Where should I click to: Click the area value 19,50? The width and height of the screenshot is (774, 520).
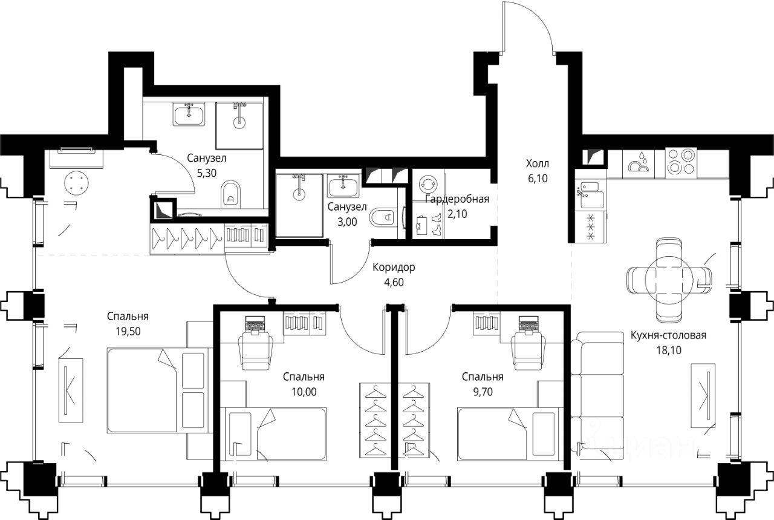click(128, 332)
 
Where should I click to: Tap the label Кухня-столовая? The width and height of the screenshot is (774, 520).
click(669, 335)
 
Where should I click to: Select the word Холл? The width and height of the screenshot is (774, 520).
click(538, 163)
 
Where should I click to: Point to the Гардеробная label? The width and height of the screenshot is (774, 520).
click(457, 199)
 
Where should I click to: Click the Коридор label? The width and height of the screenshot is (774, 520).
click(394, 267)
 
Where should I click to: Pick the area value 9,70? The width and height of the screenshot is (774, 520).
click(483, 392)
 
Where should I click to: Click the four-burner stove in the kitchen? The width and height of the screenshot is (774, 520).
click(681, 161)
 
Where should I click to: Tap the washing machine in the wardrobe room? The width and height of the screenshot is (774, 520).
click(428, 185)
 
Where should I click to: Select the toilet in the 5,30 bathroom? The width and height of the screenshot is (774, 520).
click(230, 194)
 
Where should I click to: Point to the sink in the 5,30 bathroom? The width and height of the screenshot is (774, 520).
click(189, 114)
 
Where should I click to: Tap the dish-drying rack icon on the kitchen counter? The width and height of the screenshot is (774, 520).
click(639, 163)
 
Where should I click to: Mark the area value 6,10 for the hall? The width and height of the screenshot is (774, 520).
click(538, 179)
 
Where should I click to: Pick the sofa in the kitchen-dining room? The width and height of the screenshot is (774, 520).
click(597, 395)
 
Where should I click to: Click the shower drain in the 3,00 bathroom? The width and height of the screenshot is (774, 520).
click(299, 194)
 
